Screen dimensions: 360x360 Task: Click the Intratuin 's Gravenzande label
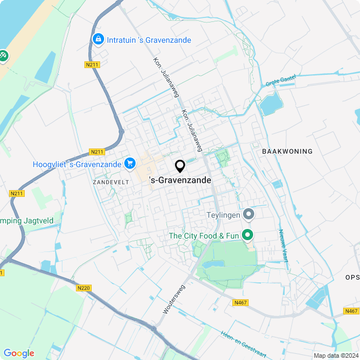pos(148,40)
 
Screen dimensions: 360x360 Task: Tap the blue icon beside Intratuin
pos(98,39)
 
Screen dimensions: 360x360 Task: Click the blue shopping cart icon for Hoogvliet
pos(130,163)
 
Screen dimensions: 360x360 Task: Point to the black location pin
pos(180,166)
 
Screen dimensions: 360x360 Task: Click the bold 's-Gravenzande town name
pos(181,181)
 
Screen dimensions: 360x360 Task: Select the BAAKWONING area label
pos(287,152)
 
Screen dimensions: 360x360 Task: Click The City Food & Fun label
pos(205,236)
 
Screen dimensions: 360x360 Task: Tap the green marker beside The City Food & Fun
pos(247,235)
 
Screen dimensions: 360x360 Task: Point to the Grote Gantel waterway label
pos(281,82)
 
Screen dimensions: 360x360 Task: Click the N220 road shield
pos(83,288)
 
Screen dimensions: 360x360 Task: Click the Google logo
pos(19,353)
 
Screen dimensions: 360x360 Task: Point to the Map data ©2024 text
pos(336,355)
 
